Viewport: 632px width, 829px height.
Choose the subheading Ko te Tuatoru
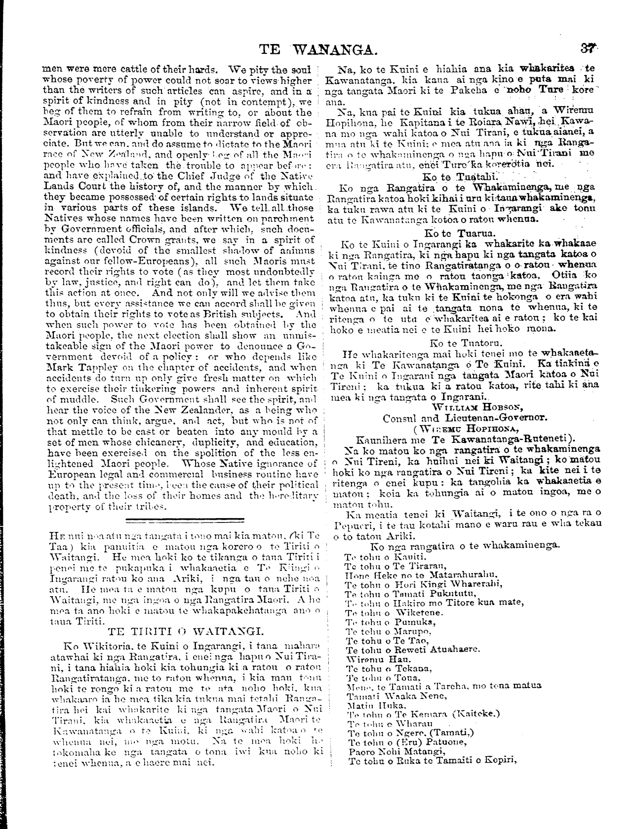(x=460, y=342)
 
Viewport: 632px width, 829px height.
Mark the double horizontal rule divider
(x=186, y=520)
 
